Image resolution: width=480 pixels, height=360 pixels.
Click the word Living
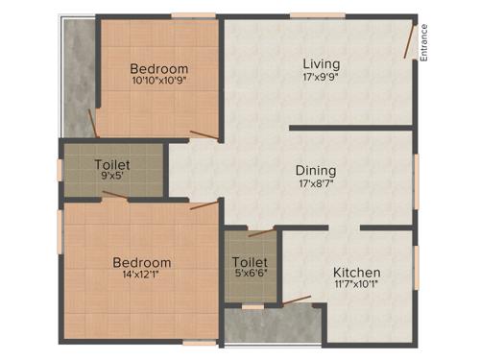point(321,64)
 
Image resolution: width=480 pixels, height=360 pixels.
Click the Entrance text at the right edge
point(423,43)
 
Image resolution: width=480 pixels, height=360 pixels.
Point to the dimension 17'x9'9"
point(321,78)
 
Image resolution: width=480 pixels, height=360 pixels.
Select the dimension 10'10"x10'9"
point(159,82)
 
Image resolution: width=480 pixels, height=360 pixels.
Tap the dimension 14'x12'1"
point(142,276)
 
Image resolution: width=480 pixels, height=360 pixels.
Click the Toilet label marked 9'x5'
point(112,165)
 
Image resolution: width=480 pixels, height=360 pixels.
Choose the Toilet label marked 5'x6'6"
point(250,261)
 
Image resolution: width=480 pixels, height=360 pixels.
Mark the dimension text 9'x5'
point(112,177)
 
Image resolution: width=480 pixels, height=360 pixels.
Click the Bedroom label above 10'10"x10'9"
point(159,69)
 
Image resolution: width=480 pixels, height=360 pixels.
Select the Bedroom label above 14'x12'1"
point(142,263)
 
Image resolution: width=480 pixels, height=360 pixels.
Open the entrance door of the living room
point(410,40)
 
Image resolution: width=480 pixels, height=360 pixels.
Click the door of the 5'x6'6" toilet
point(259,231)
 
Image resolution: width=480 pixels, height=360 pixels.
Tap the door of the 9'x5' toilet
point(113,195)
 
